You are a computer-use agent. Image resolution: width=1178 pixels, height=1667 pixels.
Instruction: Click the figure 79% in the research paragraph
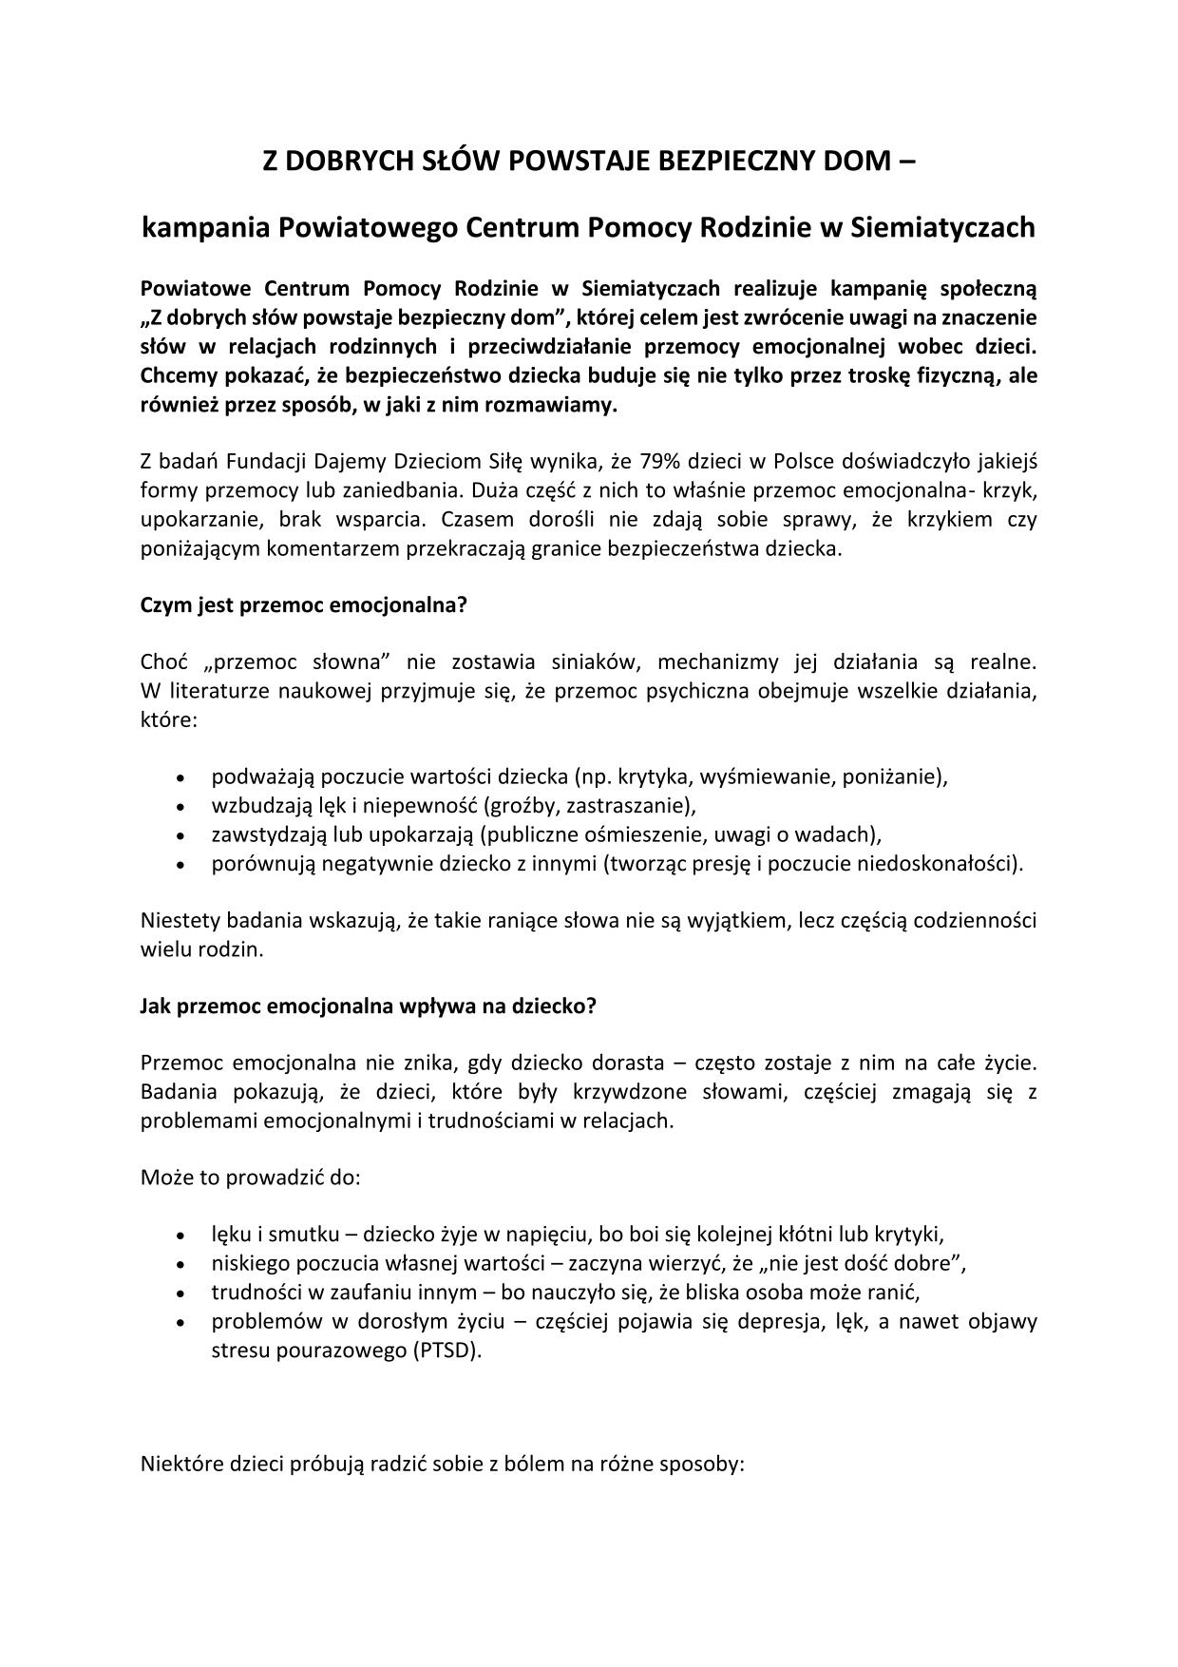coord(662,462)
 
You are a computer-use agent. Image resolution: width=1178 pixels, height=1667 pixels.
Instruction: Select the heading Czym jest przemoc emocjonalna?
coord(304,605)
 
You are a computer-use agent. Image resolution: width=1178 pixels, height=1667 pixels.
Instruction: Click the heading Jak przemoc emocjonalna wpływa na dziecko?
coord(368,1006)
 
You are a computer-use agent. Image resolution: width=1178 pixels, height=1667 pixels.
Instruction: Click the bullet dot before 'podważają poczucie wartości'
coord(180,777)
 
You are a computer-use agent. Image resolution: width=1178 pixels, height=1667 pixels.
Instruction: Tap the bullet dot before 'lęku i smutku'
coord(180,1236)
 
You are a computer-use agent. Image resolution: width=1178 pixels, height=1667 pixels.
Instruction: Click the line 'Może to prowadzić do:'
coord(251,1178)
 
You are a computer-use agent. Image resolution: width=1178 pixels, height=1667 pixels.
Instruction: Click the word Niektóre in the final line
coord(180,1465)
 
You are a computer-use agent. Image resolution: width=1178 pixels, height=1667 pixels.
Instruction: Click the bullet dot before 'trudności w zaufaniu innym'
coord(180,1293)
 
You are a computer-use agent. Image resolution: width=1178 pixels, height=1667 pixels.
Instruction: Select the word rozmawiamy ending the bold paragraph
coord(560,405)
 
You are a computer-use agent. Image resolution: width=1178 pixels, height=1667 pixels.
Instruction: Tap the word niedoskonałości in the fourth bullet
coord(940,864)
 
